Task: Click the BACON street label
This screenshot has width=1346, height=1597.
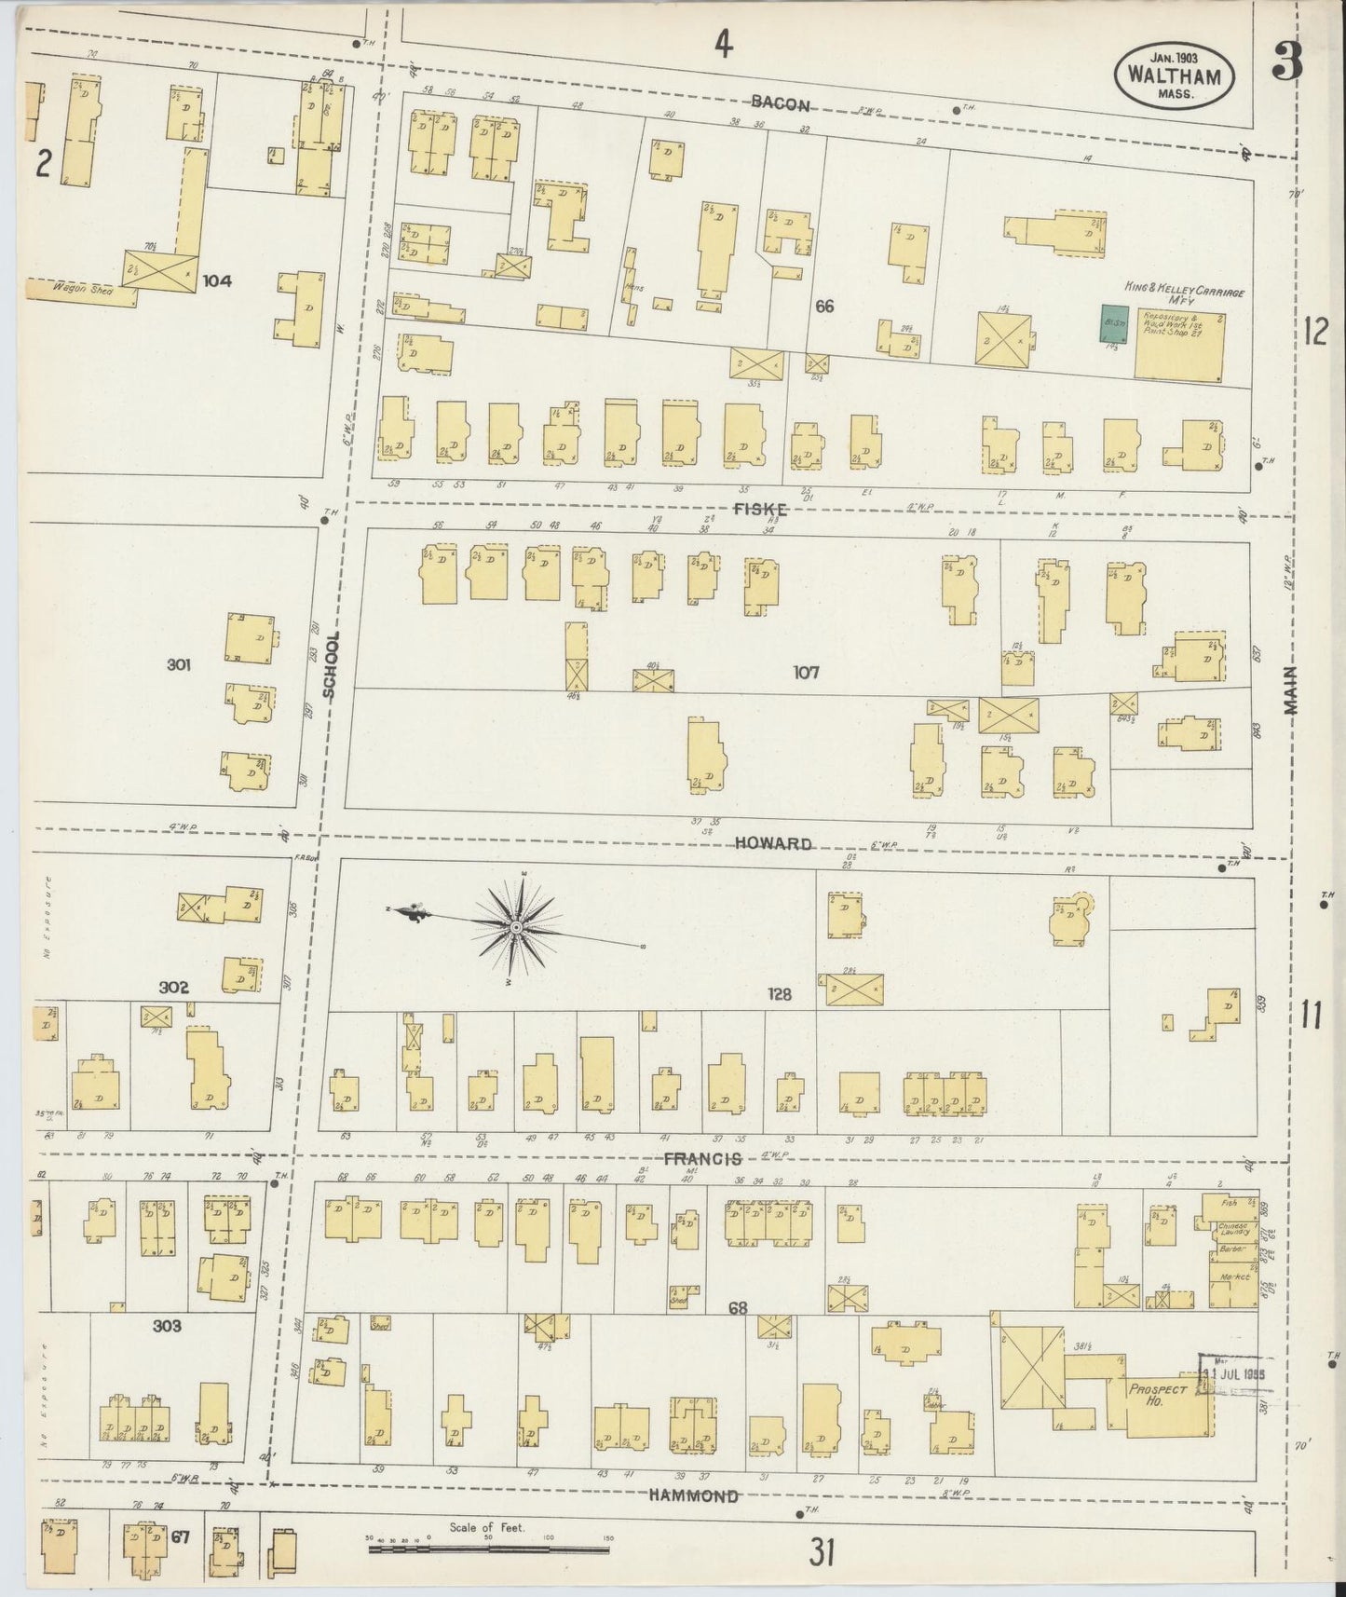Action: point(781,104)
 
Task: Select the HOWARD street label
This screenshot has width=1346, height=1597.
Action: point(772,843)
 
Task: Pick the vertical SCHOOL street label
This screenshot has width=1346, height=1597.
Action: point(331,664)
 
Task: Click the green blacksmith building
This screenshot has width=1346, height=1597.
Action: point(1110,322)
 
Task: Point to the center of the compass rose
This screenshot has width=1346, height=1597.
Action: point(515,928)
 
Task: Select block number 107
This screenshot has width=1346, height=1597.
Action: point(806,672)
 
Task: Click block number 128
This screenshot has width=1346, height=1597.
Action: point(779,994)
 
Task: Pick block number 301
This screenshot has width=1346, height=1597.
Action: point(179,664)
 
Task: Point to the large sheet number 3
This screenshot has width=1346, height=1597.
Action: point(1288,66)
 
